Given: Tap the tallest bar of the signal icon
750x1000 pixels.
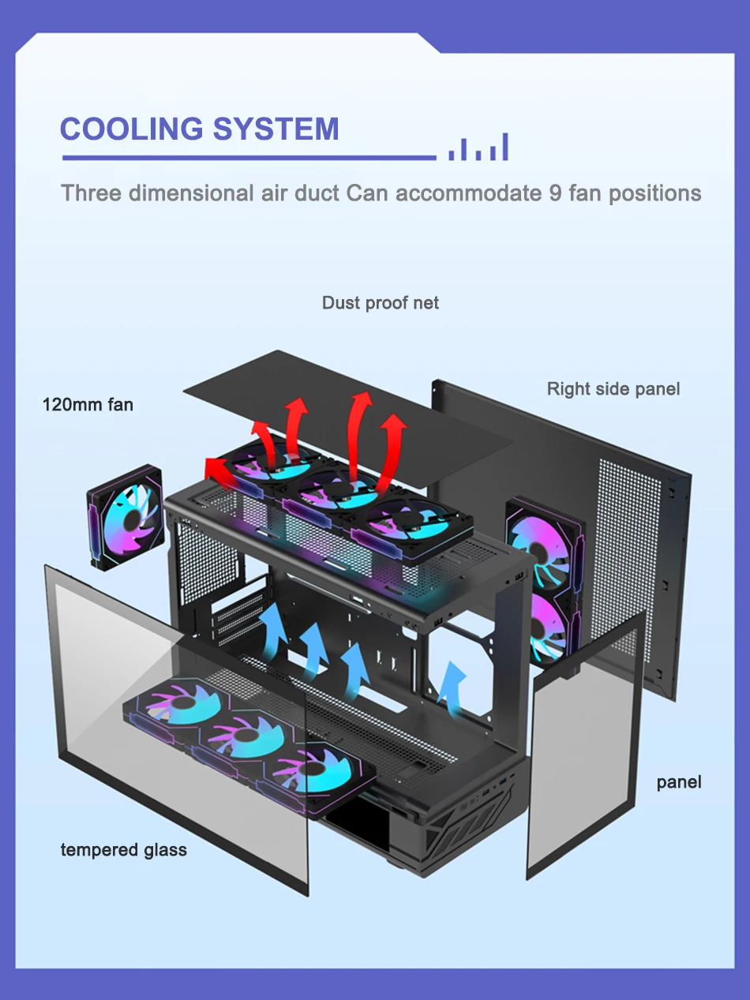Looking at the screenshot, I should [x=504, y=147].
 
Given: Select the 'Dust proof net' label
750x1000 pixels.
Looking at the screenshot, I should [x=380, y=303].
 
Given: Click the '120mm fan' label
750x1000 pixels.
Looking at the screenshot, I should [x=88, y=405].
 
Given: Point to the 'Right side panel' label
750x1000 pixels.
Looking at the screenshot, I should [x=613, y=388].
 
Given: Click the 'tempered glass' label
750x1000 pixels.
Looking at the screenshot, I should [x=124, y=850].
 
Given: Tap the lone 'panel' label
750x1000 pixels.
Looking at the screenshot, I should [x=678, y=782].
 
